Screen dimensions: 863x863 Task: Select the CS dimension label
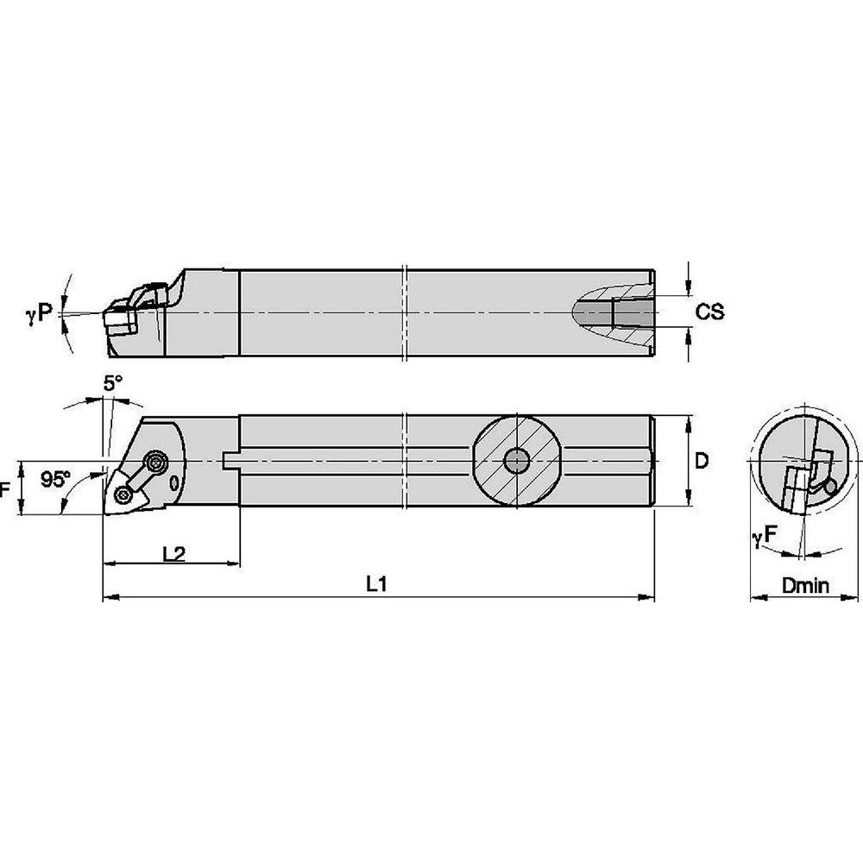tap(709, 312)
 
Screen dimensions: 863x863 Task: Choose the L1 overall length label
tap(374, 584)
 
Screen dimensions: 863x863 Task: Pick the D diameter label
tap(702, 461)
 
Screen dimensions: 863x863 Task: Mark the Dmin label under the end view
tap(804, 586)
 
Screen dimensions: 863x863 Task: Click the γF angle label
tap(765, 539)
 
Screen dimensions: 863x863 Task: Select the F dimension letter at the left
tap(6, 488)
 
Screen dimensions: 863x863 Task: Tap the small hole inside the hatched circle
tap(518, 462)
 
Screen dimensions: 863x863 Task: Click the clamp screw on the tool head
tap(156, 462)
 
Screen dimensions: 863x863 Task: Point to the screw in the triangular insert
tap(125, 494)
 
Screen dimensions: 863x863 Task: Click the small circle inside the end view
tap(831, 487)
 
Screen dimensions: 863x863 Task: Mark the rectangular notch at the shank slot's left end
tap(229, 462)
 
